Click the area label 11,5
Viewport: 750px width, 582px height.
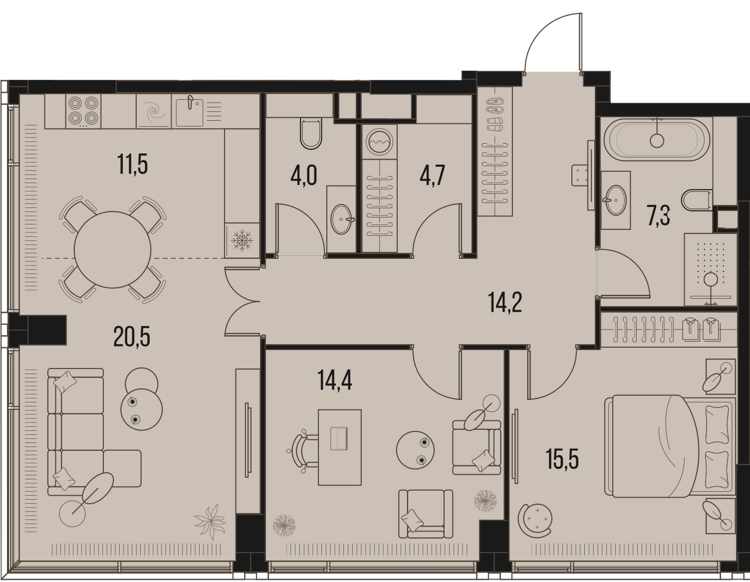pos(132,164)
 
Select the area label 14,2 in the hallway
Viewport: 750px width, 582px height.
pos(505,302)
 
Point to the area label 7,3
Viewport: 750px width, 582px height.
pos(659,215)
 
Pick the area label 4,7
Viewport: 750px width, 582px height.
pos(432,175)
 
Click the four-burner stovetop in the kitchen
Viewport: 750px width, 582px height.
pos(82,111)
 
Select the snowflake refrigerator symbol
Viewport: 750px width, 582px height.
pos(242,240)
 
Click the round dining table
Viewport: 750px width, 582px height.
pos(112,250)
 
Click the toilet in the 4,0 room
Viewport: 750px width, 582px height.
pos(311,133)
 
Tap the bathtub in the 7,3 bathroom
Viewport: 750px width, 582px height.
pos(657,139)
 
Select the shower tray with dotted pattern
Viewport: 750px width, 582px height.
pos(710,269)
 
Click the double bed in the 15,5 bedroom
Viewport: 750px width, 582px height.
pos(669,447)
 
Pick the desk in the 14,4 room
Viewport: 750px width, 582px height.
pos(339,447)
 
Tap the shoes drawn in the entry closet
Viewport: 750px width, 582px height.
pos(494,114)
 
